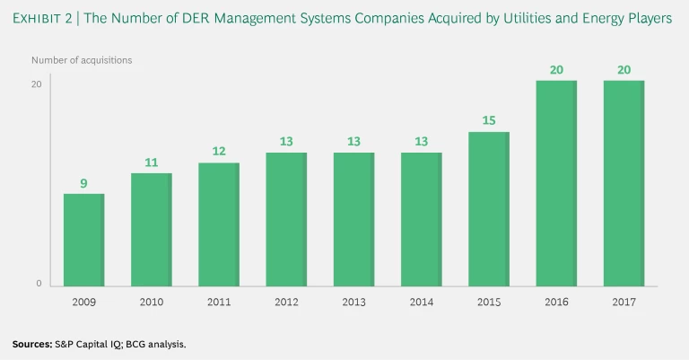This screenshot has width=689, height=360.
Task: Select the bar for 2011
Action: tap(219, 225)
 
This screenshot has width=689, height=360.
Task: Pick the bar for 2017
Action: tap(624, 184)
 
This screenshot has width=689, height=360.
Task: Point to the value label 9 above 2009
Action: tap(83, 183)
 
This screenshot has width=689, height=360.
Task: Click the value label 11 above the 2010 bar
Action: tap(151, 162)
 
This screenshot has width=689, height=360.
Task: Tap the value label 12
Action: tap(218, 152)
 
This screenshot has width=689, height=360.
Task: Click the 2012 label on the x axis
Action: tap(286, 303)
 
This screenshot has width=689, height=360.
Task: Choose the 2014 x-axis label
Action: tap(422, 303)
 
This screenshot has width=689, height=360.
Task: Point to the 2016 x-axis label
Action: tap(557, 303)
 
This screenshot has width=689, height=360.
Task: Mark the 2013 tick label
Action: tap(354, 303)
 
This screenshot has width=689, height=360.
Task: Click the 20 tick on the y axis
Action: tap(37, 84)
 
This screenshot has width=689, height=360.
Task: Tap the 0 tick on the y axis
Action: tap(39, 284)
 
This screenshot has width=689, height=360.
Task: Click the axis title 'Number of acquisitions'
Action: tap(82, 60)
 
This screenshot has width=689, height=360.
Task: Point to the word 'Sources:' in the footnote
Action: tap(32, 344)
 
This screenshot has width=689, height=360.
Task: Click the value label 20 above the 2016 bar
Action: tap(556, 70)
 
